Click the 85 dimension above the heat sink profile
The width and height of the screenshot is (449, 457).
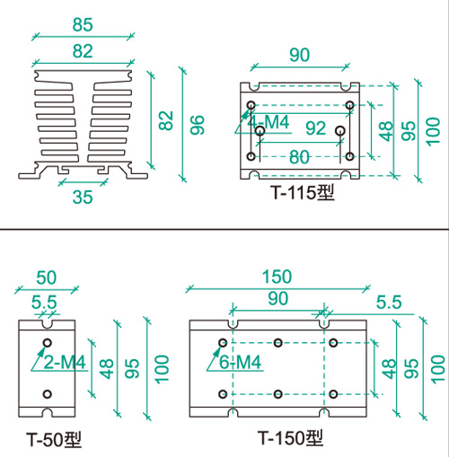(x=83, y=24)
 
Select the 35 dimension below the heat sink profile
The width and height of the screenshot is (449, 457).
(x=83, y=197)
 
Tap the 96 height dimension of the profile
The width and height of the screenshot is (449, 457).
(x=197, y=125)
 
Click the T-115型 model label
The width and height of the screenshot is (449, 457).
(x=303, y=192)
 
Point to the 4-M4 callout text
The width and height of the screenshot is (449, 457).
(x=269, y=122)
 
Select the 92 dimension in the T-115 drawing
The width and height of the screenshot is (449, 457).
(x=315, y=128)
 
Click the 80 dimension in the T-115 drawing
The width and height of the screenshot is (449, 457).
(x=299, y=157)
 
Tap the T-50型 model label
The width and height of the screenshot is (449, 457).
(x=54, y=439)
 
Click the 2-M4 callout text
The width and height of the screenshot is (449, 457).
(x=65, y=363)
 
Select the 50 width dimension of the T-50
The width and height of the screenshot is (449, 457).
(x=47, y=277)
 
